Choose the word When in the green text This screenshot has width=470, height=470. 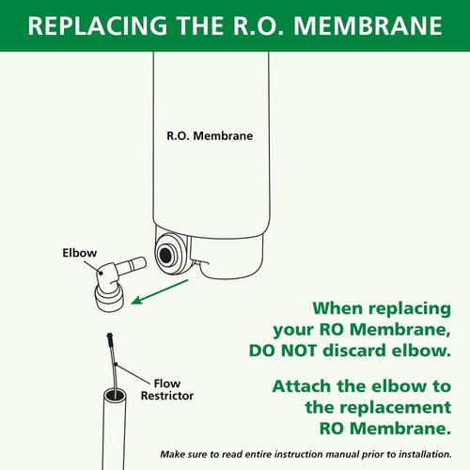coord(342,307)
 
